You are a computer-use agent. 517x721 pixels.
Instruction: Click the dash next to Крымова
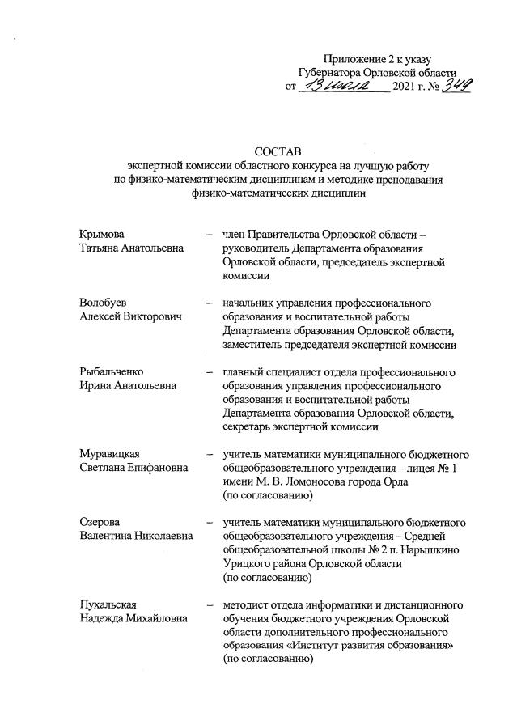tap(210, 235)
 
